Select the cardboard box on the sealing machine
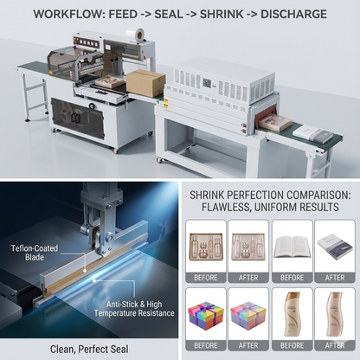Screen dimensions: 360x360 pos(148,83)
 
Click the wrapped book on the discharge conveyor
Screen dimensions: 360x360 pos(310,135)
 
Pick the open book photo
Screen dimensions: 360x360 pos(292,244)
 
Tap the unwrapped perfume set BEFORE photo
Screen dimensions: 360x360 pos(206,244)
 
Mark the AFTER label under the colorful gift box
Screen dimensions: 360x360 pos(249,346)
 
